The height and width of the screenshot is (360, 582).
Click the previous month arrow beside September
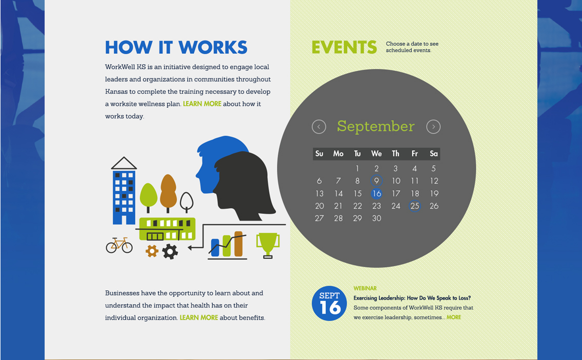coord(319,127)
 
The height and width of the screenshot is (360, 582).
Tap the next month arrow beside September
coord(433,127)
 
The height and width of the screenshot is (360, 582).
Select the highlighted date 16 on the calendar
coord(377,193)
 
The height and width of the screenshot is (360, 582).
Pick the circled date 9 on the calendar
coord(376,181)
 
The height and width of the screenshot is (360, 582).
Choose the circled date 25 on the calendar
coord(415,206)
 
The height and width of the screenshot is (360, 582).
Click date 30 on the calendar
coord(377,218)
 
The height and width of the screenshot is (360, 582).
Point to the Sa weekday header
coord(434,153)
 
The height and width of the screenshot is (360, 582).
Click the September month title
coord(375,126)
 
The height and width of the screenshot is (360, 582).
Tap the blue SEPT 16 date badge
coord(330,303)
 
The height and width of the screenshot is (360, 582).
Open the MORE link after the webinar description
coord(454,317)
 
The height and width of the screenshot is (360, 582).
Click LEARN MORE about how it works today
coord(202,104)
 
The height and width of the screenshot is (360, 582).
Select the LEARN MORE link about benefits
coord(199,317)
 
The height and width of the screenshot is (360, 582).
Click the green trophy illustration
coord(267,245)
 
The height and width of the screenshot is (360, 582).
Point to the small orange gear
coord(152,251)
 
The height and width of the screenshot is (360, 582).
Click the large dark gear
coord(170,251)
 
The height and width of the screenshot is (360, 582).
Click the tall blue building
coord(124,195)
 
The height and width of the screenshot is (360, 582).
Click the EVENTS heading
coord(344,47)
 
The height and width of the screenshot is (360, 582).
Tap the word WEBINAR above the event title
coord(365,288)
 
